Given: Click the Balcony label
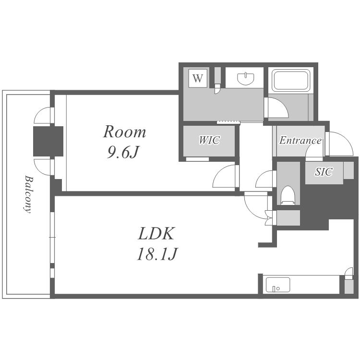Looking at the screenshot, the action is click(x=28, y=194).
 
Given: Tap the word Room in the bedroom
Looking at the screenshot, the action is click(x=124, y=132).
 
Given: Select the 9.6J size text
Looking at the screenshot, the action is click(x=123, y=152).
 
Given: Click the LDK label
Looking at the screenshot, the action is click(x=156, y=233).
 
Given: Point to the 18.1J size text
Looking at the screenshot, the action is click(x=157, y=254).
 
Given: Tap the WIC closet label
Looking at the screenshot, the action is click(x=209, y=140).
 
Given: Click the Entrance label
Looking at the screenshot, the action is click(x=300, y=141).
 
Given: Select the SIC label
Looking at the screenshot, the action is click(x=324, y=172).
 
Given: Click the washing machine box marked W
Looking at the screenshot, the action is click(x=198, y=78).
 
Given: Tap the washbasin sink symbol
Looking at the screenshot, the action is click(x=246, y=79).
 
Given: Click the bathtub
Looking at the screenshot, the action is click(x=291, y=81).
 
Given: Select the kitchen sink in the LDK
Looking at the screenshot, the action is click(x=278, y=285).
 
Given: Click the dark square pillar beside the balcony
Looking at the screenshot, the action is click(x=48, y=141).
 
